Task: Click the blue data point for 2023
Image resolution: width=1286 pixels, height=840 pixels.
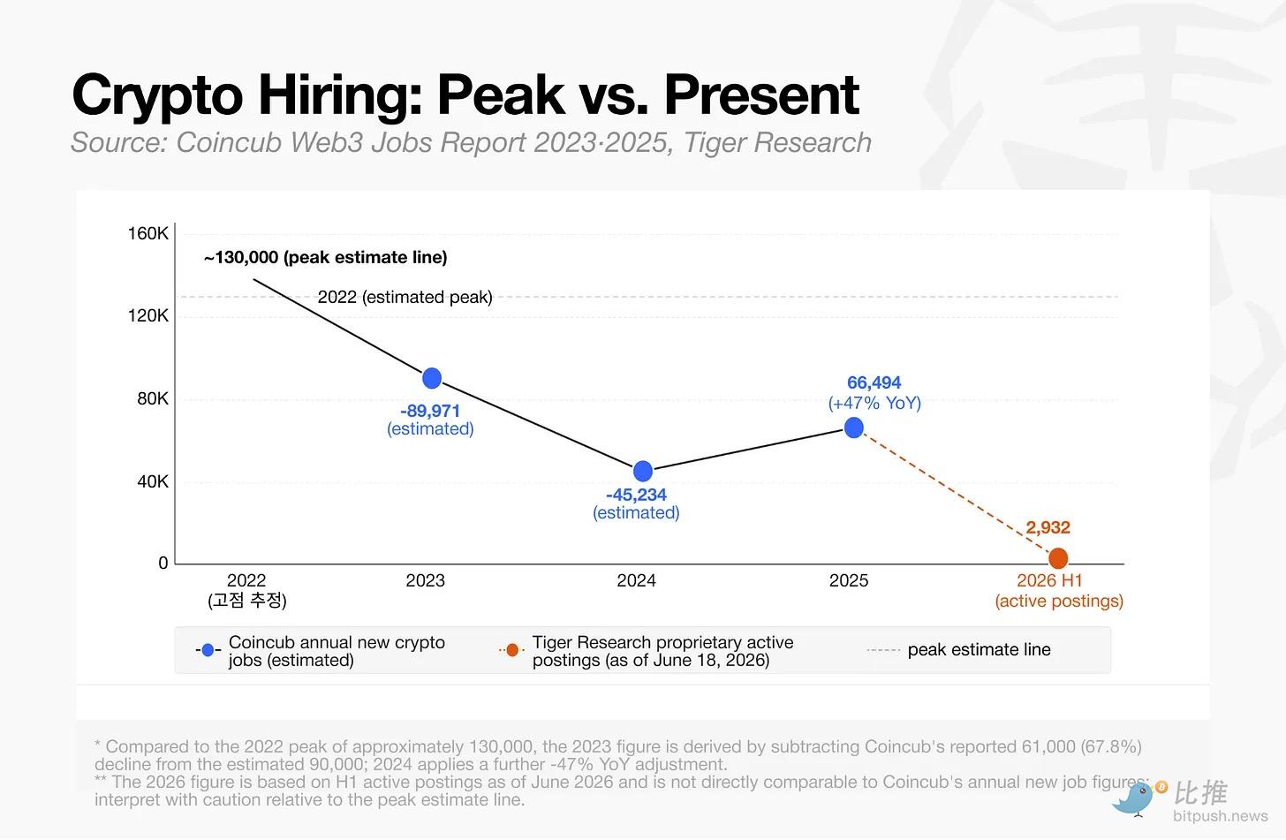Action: click(432, 378)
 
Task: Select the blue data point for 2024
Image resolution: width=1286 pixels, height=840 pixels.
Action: click(643, 471)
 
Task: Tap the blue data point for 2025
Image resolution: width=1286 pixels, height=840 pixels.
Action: click(854, 428)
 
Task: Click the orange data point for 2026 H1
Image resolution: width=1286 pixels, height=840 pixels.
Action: click(1058, 558)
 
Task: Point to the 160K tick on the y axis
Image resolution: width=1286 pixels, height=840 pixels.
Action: click(148, 233)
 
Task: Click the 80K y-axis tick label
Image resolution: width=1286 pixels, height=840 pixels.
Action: click(153, 397)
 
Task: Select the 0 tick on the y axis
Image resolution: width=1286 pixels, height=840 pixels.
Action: click(163, 563)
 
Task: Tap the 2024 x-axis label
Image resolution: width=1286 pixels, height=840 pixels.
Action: click(636, 580)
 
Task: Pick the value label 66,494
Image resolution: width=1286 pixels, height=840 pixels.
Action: click(874, 382)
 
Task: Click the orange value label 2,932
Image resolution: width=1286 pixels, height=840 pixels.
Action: click(1048, 527)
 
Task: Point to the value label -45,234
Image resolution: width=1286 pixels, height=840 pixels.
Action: click(636, 495)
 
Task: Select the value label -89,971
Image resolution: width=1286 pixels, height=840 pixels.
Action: click(430, 411)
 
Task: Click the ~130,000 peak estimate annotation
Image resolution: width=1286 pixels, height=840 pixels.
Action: click(326, 257)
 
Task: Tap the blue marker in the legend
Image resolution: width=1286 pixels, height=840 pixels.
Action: click(208, 650)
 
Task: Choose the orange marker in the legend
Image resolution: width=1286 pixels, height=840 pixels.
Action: click(512, 650)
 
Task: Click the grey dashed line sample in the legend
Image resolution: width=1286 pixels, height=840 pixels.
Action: click(883, 650)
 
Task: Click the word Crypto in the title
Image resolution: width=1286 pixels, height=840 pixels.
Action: click(157, 96)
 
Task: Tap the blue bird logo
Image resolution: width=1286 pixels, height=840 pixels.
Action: click(1135, 798)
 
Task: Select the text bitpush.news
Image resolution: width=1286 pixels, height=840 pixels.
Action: click(1220, 816)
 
